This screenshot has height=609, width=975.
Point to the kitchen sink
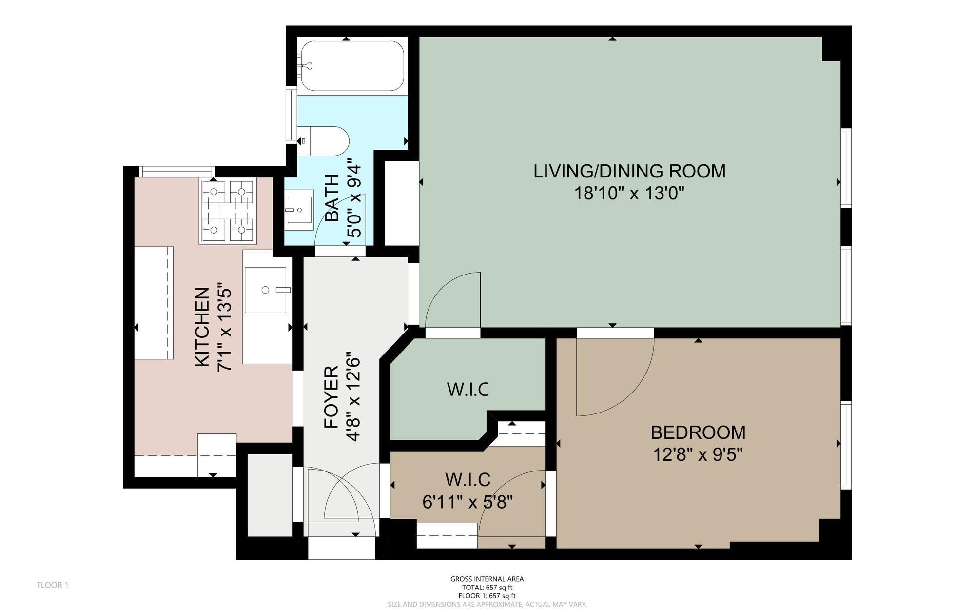pos(266,290)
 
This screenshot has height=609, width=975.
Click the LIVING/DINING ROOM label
pos(629,171)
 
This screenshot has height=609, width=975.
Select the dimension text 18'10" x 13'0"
pos(629,194)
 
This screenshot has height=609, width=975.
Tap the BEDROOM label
pos(698,432)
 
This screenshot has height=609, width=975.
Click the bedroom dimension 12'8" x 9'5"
pos(698,455)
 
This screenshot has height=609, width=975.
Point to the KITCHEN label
pos(202,327)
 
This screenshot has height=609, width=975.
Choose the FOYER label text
pos(331,397)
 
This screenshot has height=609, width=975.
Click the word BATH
pos(332,197)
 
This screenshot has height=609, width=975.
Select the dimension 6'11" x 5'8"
pos(468,502)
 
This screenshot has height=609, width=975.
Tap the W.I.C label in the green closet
pos(468,390)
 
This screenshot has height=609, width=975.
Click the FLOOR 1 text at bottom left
pos(53,585)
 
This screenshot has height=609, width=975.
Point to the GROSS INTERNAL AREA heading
pos(487,579)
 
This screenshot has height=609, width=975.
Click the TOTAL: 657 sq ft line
pos(487,588)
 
